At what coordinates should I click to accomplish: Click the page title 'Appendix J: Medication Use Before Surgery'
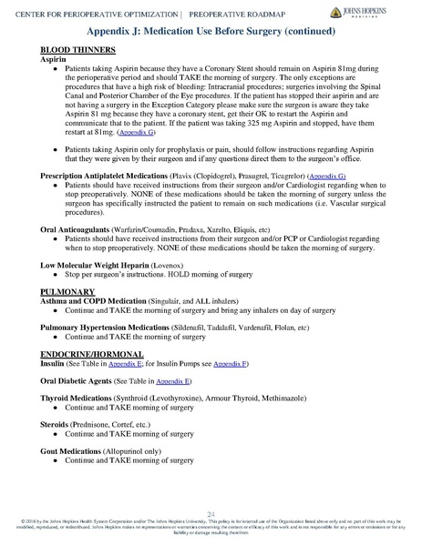coord(211,30)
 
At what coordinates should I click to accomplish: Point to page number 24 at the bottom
coord(211,513)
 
